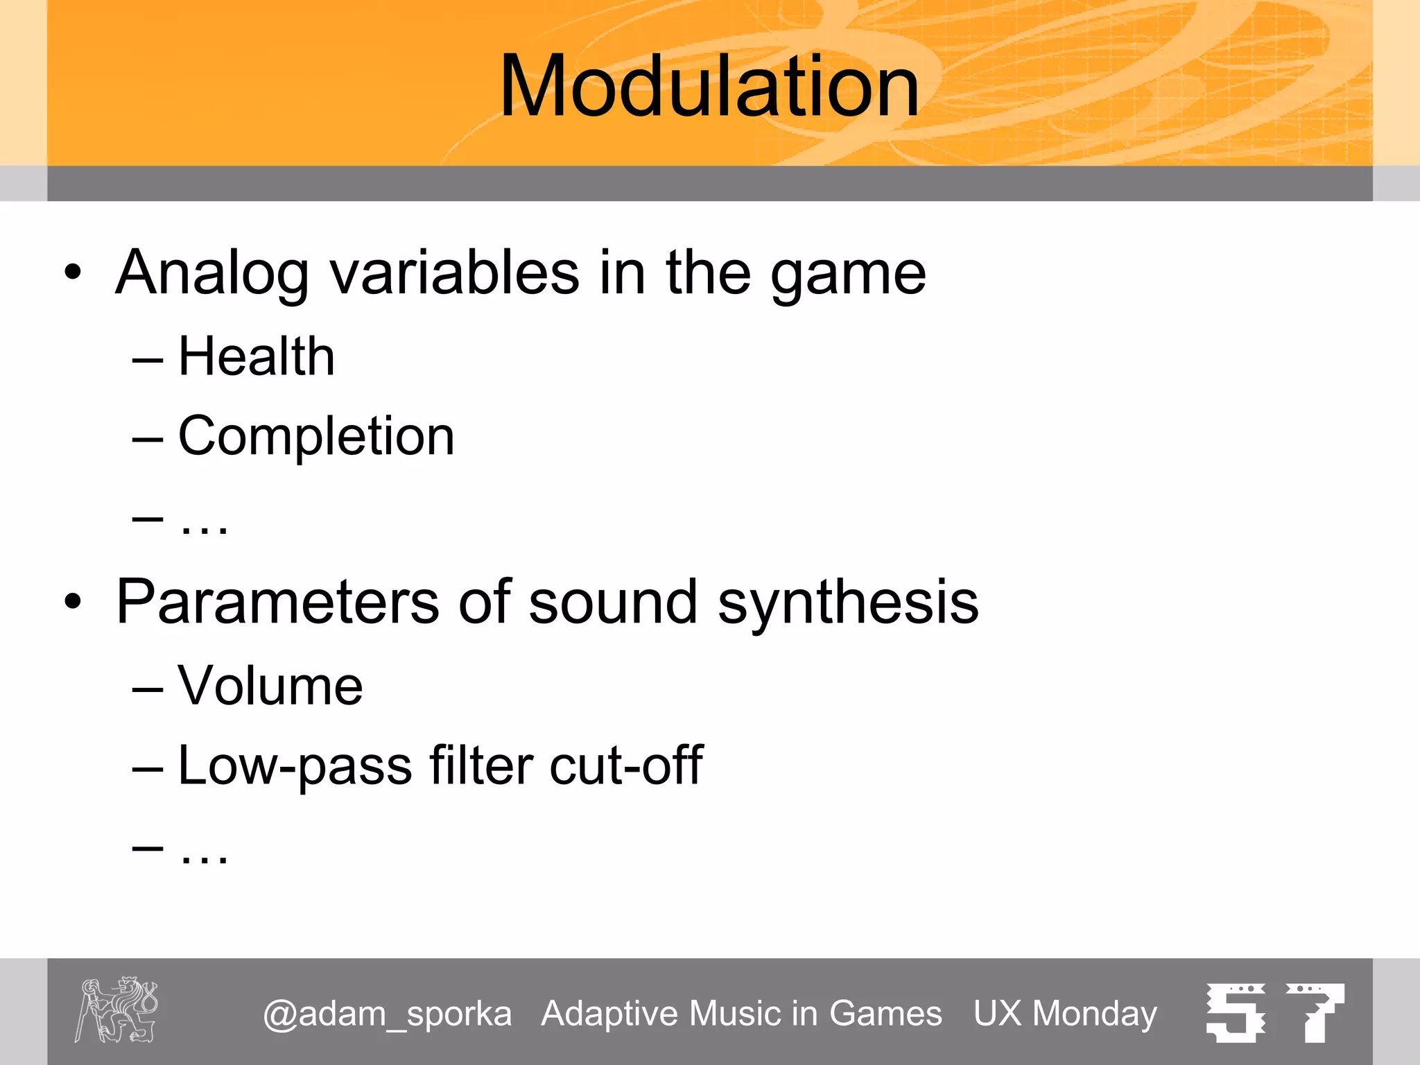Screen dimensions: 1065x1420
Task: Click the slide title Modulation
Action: [x=709, y=87]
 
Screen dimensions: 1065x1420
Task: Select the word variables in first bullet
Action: [x=454, y=272]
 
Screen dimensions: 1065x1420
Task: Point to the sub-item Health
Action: [x=256, y=356]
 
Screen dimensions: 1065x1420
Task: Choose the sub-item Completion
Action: [x=316, y=436]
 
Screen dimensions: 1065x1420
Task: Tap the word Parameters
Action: [x=277, y=602]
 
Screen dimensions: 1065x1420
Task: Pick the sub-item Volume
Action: [x=270, y=686]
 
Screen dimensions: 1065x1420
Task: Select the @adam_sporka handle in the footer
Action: [x=387, y=1014]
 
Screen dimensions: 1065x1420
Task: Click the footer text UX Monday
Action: [x=1065, y=1014]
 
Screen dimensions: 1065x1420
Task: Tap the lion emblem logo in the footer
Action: [x=116, y=1010]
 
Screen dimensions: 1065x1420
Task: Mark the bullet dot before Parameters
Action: [x=73, y=602]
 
